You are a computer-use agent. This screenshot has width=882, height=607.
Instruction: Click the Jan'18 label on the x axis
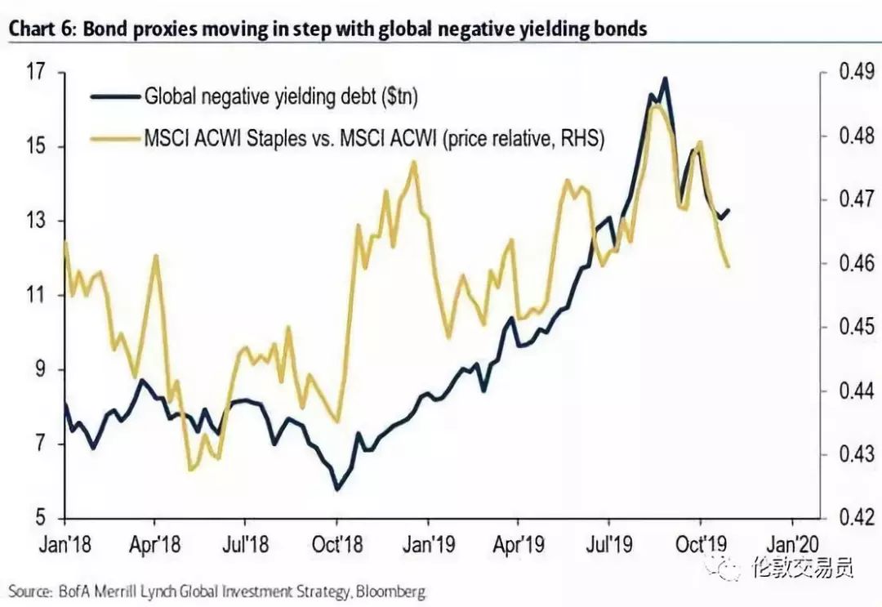pos(65,542)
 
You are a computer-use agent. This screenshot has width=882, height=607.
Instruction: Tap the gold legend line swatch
pos(114,139)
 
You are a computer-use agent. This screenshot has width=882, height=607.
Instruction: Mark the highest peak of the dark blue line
pos(666,78)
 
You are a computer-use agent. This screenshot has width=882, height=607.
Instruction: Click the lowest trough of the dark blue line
pos(336,489)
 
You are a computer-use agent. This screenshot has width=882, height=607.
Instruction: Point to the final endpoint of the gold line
pos(728,266)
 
